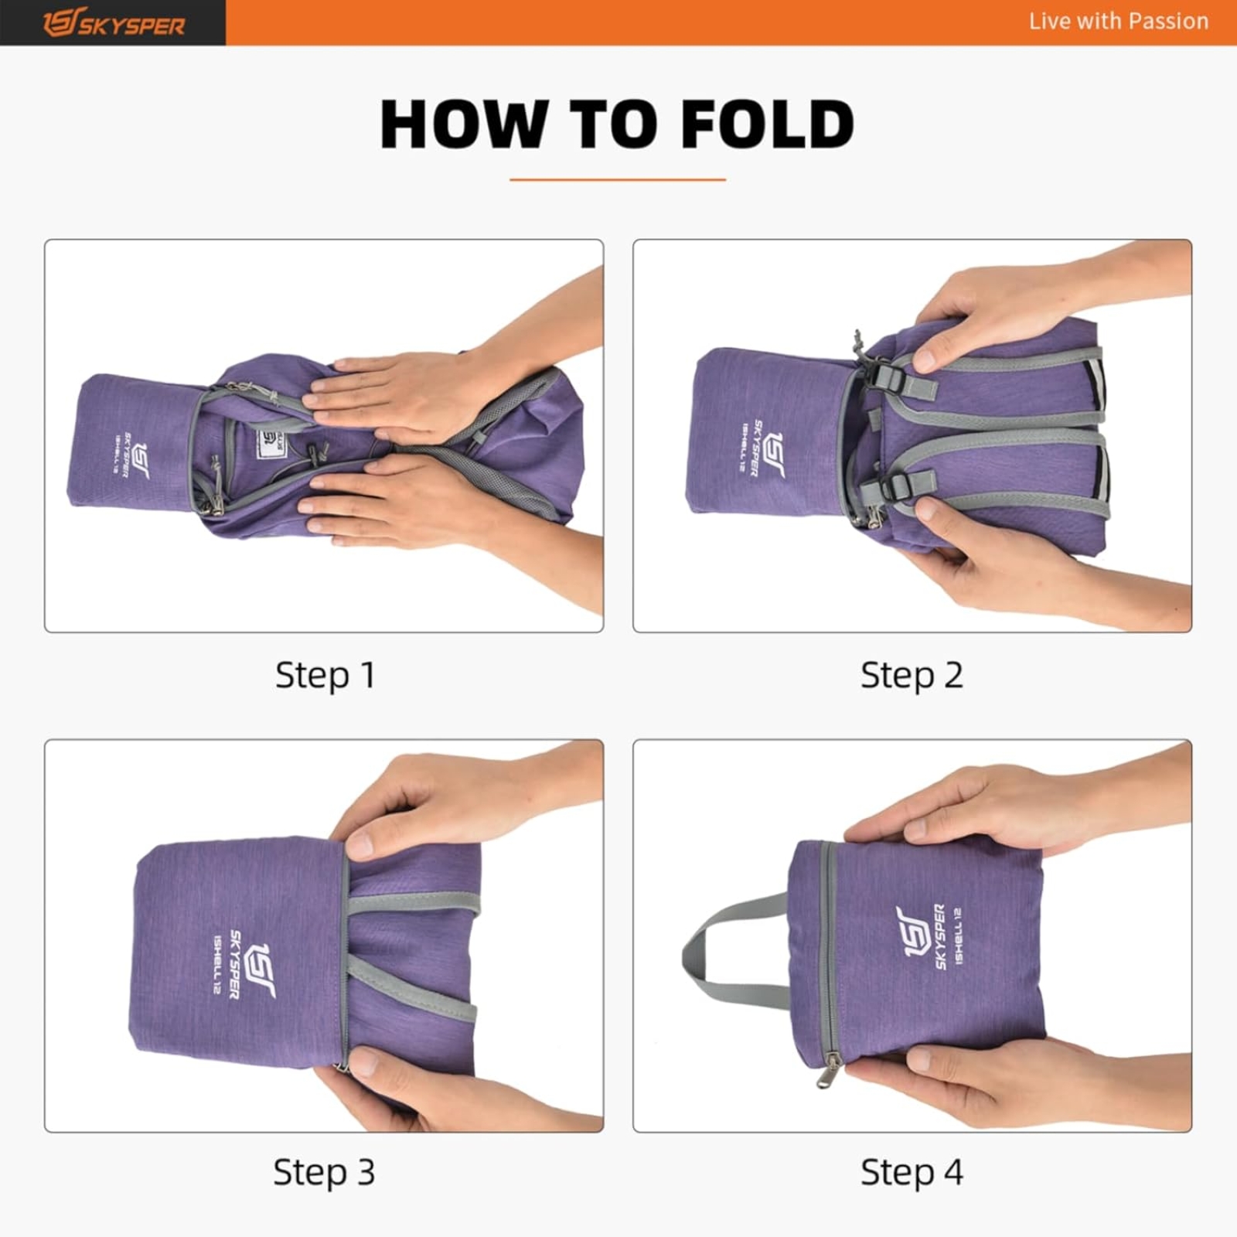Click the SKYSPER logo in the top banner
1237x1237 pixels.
click(114, 23)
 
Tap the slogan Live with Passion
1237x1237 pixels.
click(1118, 22)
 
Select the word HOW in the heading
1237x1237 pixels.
click(465, 125)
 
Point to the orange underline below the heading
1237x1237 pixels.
click(617, 180)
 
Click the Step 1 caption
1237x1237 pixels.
click(325, 675)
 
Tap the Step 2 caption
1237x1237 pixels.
click(912, 675)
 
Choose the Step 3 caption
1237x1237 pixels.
click(324, 1172)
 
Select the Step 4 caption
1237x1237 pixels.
click(912, 1172)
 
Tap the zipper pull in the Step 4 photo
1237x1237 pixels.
click(829, 1071)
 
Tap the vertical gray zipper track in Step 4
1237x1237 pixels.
click(829, 951)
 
